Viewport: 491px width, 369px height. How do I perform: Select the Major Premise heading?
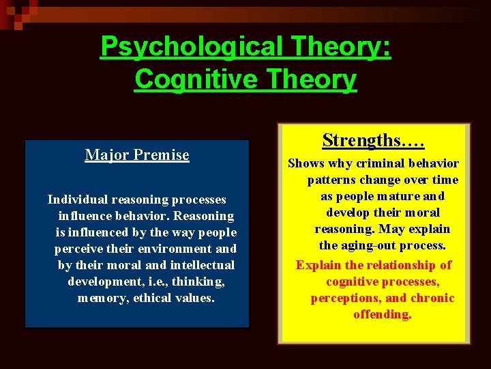[x=137, y=155]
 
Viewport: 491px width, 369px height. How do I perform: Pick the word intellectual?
[x=202, y=265]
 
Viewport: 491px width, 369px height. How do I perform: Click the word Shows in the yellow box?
[x=306, y=163]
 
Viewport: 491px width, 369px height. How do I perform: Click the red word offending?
[x=383, y=314]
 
